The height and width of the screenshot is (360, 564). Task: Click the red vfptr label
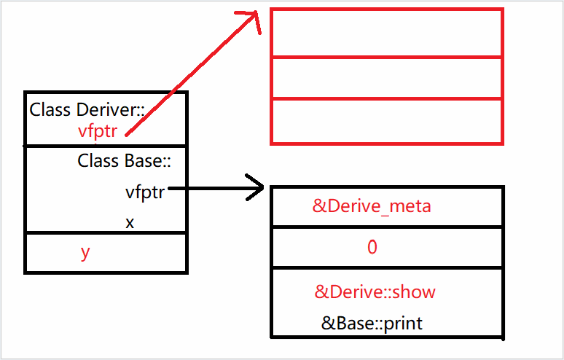98,132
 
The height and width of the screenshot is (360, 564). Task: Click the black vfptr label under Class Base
145,193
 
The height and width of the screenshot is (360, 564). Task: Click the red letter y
85,252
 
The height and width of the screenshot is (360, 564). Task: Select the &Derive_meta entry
372,206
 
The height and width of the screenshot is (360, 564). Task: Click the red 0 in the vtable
372,248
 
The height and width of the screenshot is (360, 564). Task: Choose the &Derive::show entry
375,292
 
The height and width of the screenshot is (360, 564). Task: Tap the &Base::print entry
372,322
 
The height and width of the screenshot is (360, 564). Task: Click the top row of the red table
386,32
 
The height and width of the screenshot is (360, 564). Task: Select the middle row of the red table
386,77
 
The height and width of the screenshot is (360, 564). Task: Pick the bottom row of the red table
386,121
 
